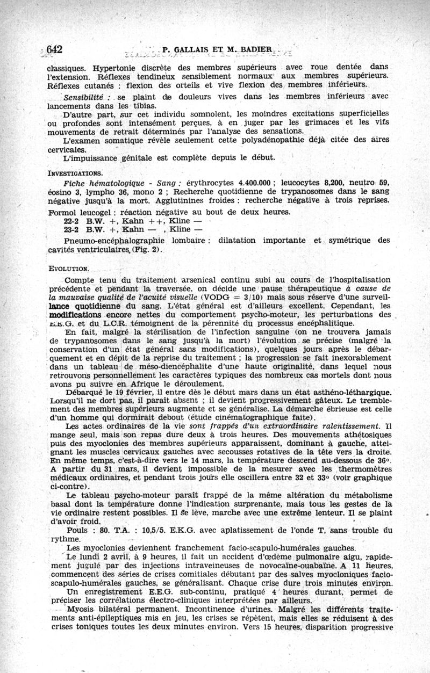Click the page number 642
click(55, 49)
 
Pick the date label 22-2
click(72, 220)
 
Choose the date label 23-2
click(72, 229)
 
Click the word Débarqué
click(83, 392)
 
